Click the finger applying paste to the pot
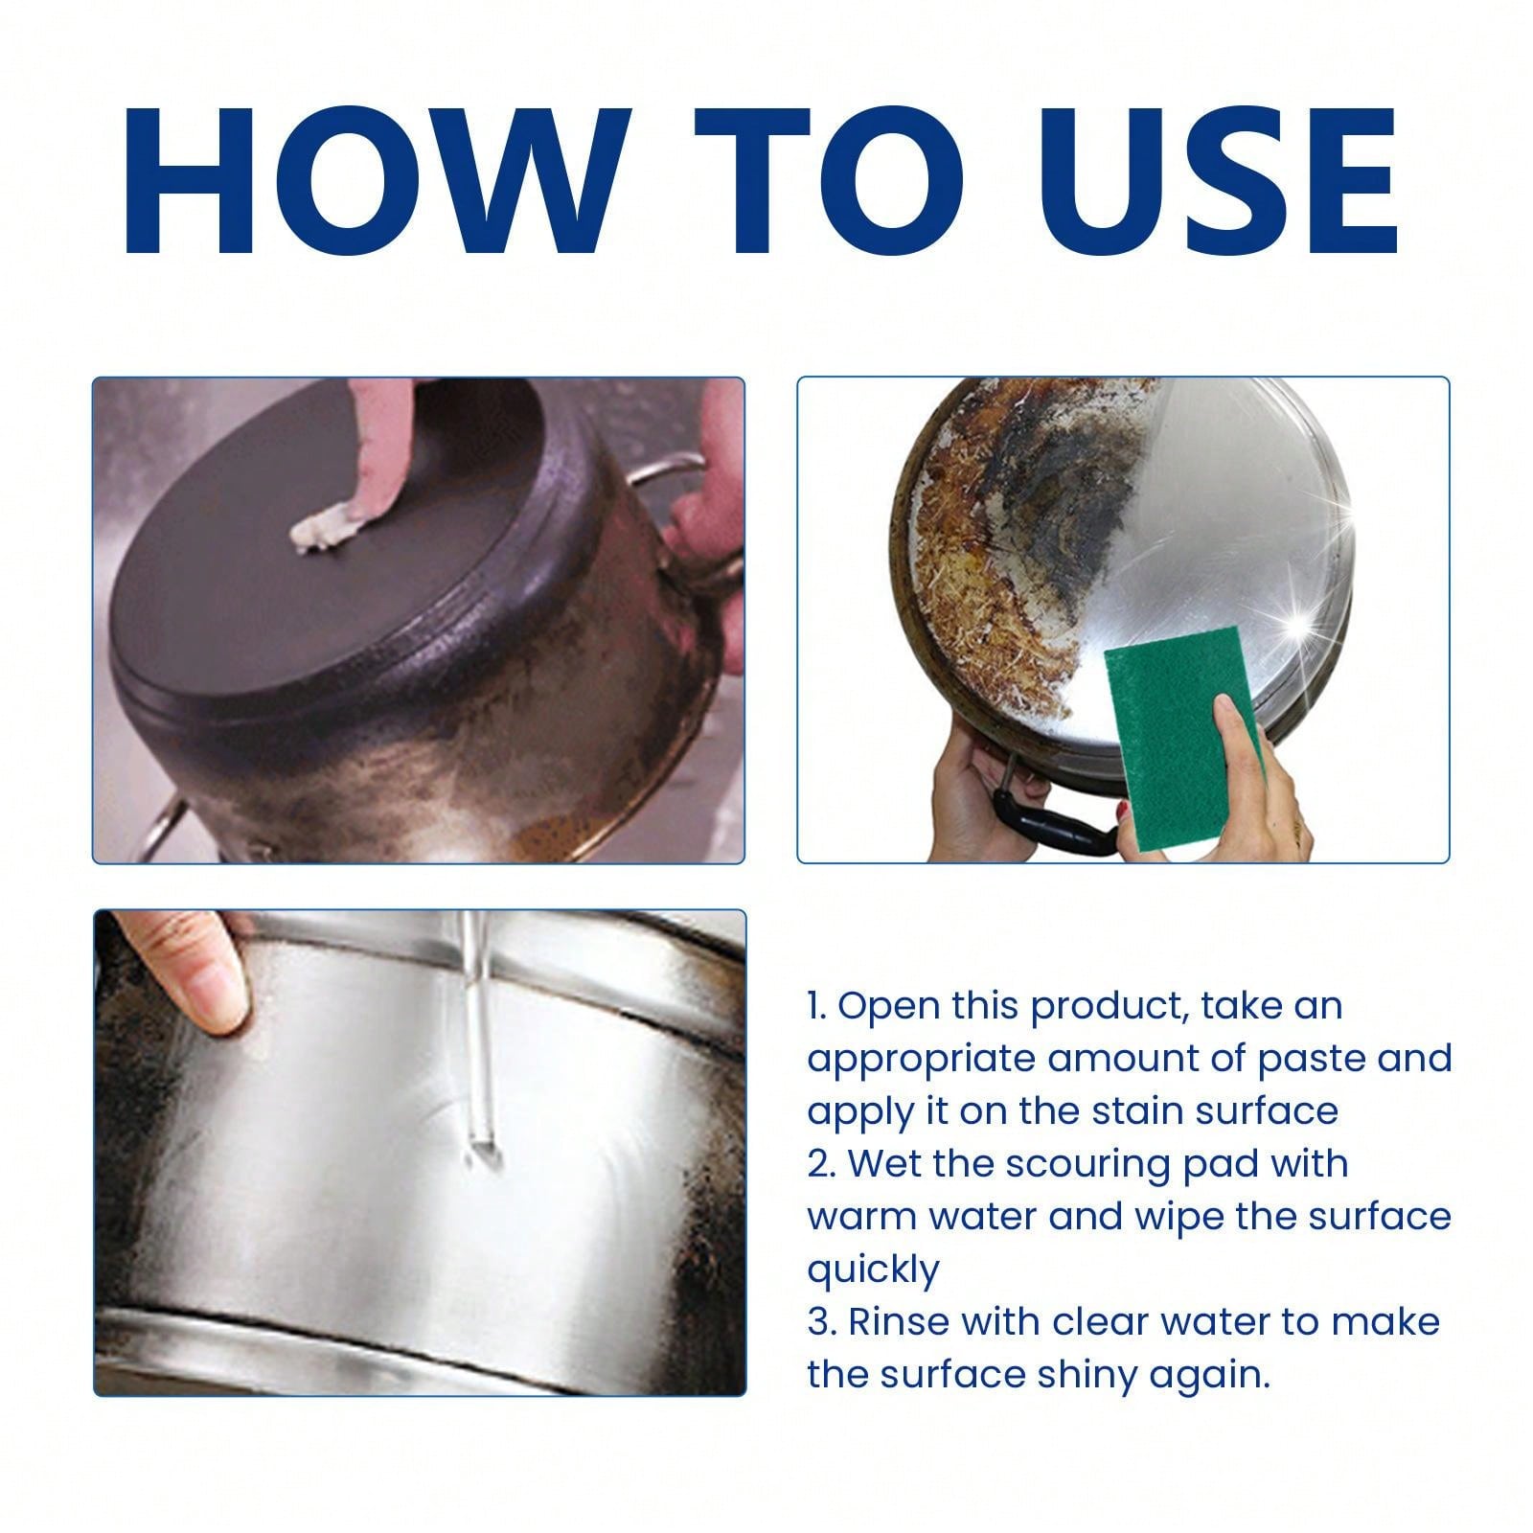378,450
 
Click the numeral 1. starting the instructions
816,1007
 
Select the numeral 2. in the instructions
821,1164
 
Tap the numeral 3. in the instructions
821,1322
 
